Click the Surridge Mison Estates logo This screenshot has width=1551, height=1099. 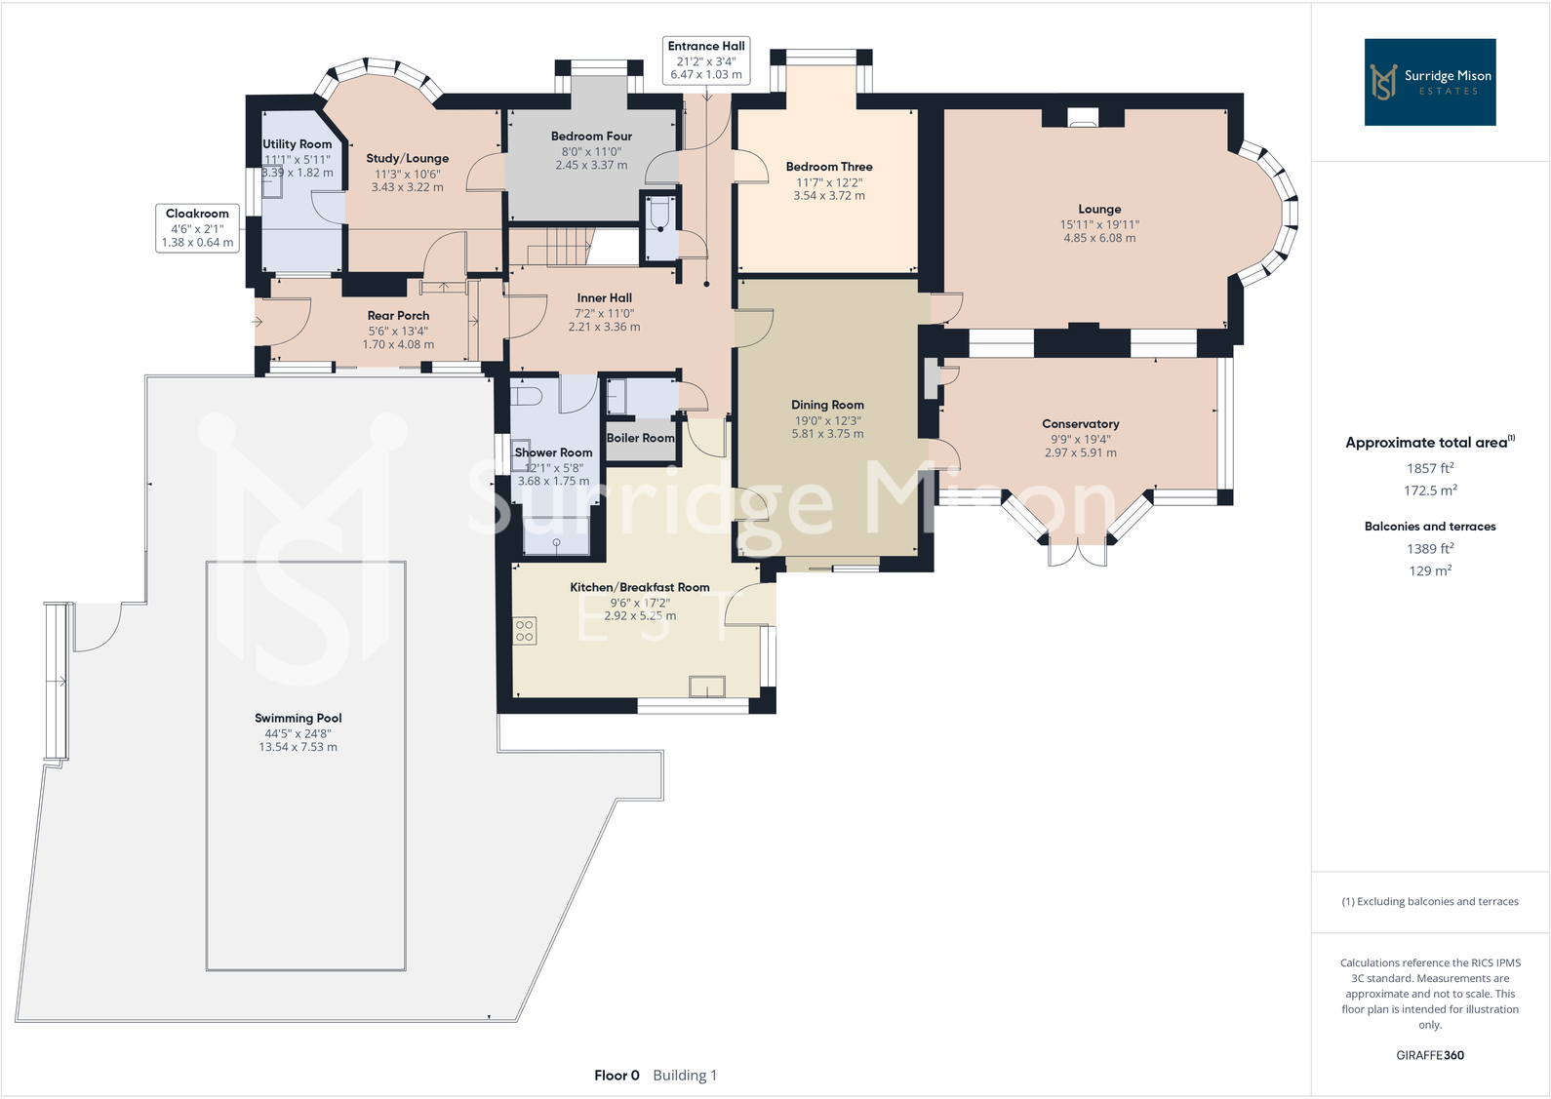tap(1429, 82)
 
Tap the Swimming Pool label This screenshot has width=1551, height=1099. tap(298, 718)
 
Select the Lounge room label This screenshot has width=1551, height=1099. tap(1099, 209)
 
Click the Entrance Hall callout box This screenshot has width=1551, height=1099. tap(706, 59)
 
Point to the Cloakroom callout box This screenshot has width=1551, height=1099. tap(197, 227)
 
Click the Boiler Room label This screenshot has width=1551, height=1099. tap(640, 438)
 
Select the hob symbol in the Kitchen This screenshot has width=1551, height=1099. tap(525, 630)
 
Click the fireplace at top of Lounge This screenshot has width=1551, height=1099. tap(1083, 119)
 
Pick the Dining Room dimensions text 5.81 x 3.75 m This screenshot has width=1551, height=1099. tap(827, 434)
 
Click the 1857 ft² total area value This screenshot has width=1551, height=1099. tap(1430, 468)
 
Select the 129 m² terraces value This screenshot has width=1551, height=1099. tap(1430, 570)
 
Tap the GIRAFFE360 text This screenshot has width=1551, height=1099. tap(1430, 1055)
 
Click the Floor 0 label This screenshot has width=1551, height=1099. tap(616, 1075)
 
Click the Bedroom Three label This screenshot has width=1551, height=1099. tap(829, 167)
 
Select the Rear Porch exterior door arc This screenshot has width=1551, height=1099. tap(285, 321)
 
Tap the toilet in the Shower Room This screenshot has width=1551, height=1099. tap(527, 395)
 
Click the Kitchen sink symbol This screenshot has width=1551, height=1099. tap(707, 687)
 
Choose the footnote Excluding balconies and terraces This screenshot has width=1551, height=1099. tap(1430, 901)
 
